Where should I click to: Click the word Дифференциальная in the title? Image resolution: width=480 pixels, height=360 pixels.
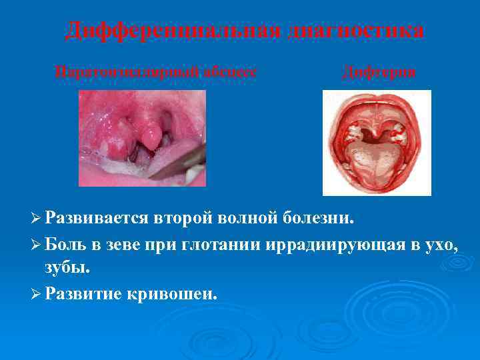pos(174,31)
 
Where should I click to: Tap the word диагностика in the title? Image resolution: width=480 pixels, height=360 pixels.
pos(357,31)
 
